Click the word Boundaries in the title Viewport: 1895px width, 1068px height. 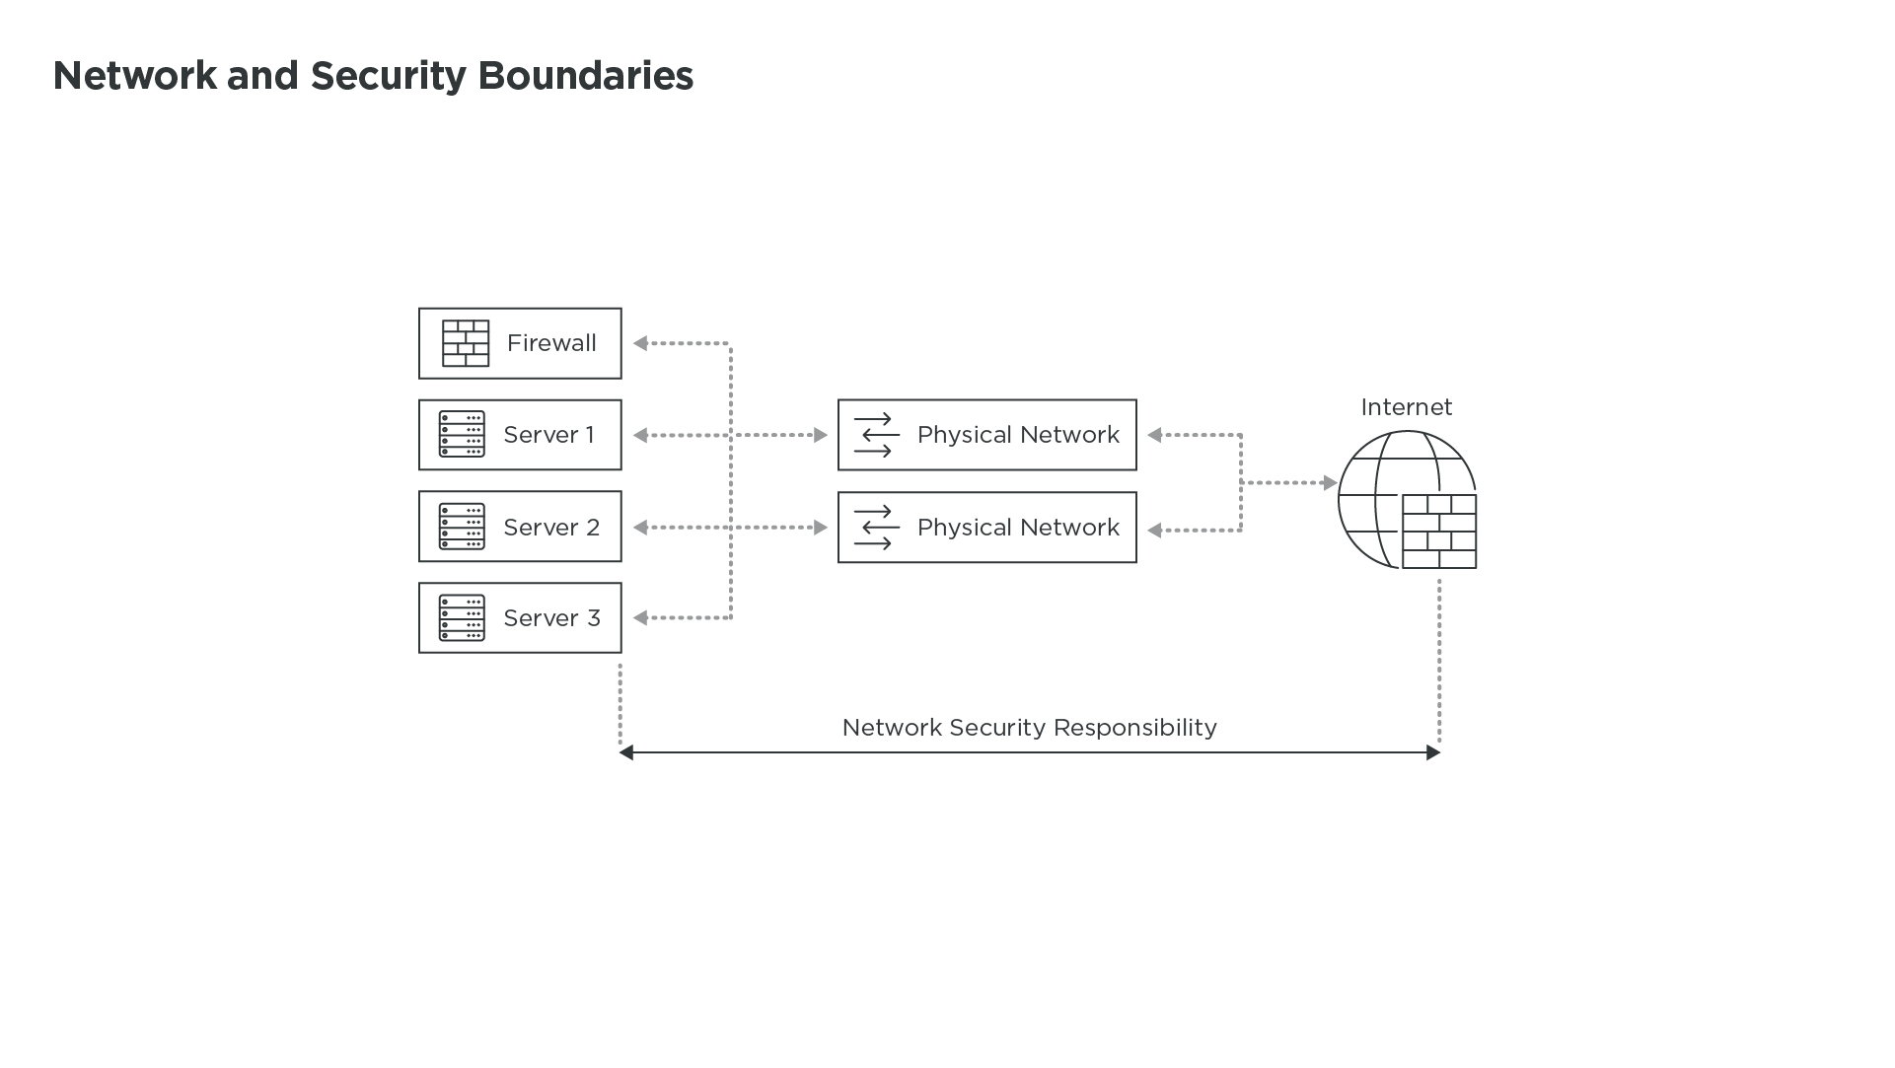(x=585, y=76)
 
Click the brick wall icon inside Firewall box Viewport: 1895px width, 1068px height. (x=466, y=343)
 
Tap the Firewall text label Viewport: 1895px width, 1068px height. (x=551, y=343)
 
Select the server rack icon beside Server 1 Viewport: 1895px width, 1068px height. (x=462, y=435)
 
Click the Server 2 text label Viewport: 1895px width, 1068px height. (x=551, y=528)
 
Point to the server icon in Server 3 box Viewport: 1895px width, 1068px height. (x=462, y=618)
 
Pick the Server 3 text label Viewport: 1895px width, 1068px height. (x=551, y=618)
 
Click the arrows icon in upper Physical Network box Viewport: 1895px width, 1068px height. (x=876, y=435)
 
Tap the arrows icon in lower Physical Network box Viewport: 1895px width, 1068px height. (x=876, y=528)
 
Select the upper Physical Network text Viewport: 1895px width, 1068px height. (x=1018, y=435)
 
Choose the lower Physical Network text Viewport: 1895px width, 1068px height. (x=1018, y=528)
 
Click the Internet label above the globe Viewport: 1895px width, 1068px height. (x=1406, y=407)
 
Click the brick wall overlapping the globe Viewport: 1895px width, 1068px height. (x=1439, y=532)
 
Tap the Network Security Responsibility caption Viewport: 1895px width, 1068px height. (x=1029, y=728)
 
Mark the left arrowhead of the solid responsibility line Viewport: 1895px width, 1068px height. (x=626, y=752)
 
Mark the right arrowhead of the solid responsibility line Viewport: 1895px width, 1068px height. (x=1433, y=752)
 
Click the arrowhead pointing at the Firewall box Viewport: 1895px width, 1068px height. (x=640, y=343)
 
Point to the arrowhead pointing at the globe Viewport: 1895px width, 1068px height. (x=1330, y=483)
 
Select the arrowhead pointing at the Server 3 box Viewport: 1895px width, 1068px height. (x=640, y=618)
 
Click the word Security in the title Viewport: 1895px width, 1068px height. (x=388, y=76)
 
